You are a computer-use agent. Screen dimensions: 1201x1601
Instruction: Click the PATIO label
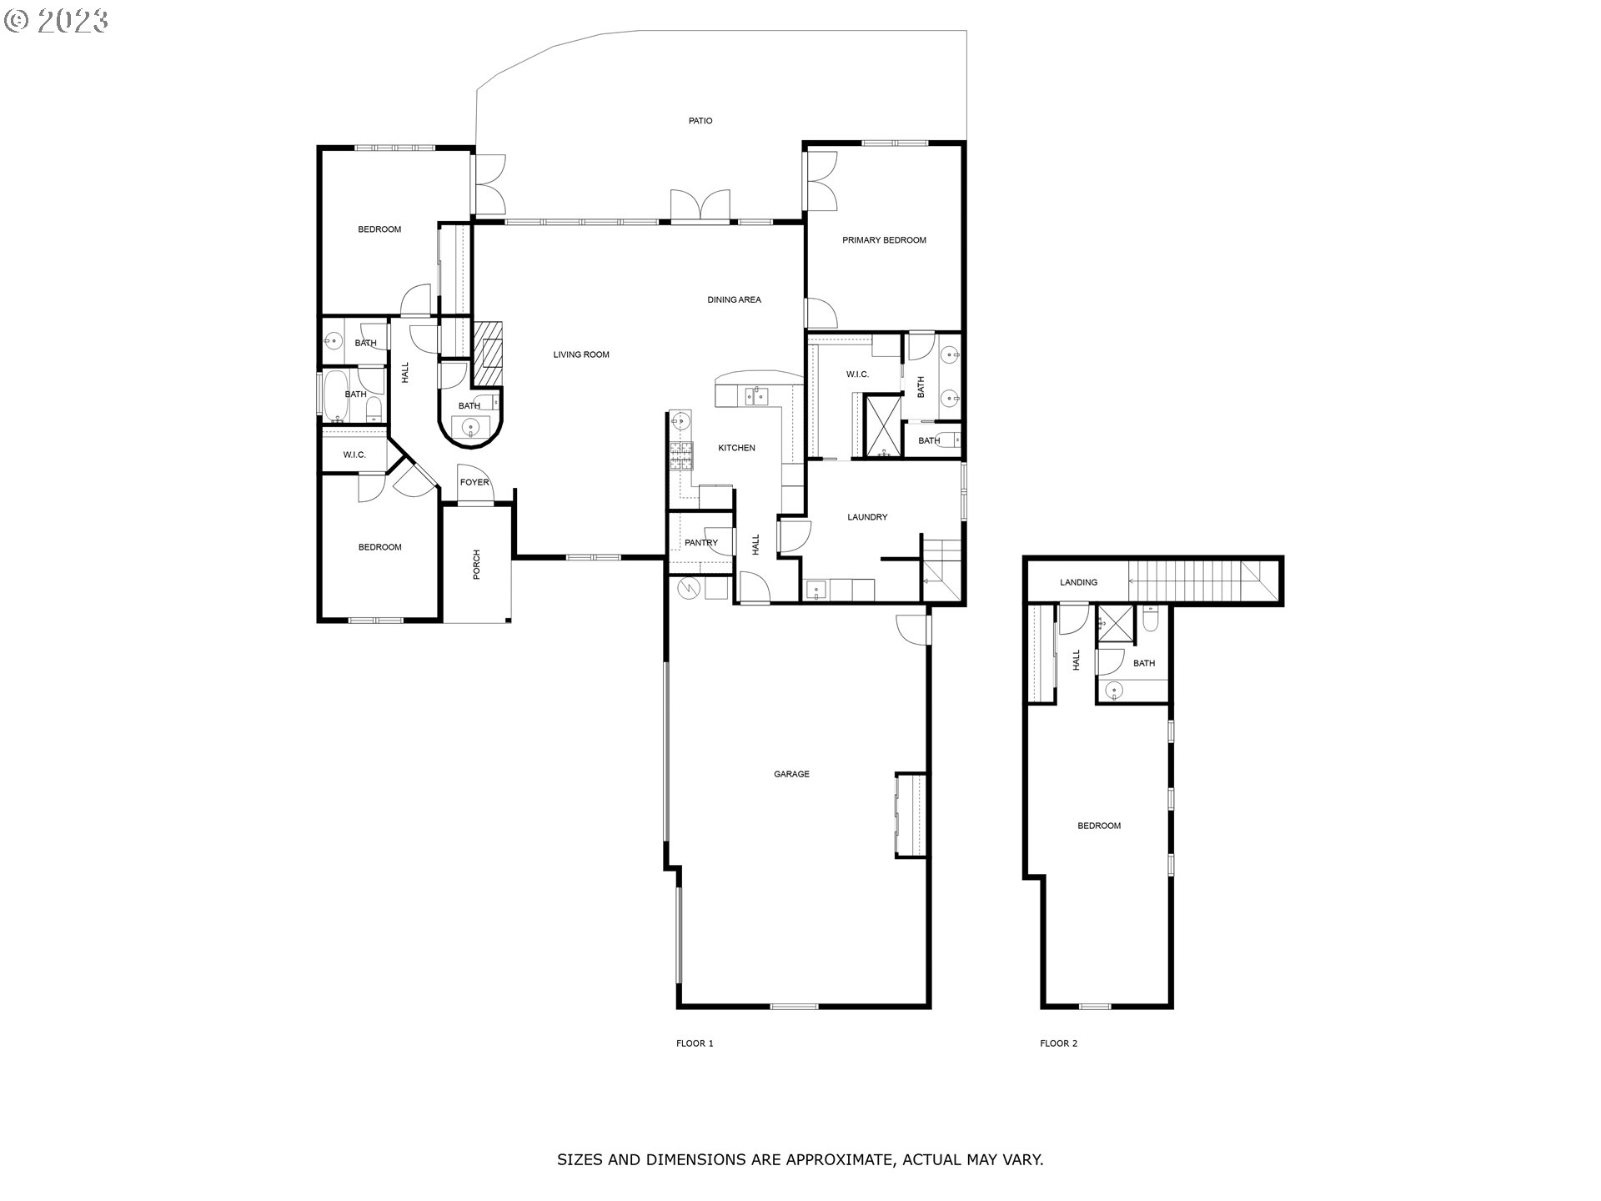pyautogui.click(x=700, y=121)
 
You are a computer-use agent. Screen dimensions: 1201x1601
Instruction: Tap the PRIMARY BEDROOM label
pyautogui.click(x=884, y=240)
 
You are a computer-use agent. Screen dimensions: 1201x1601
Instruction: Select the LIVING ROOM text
pyautogui.click(x=581, y=354)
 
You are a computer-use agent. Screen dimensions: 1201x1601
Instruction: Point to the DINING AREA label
pyautogui.click(x=734, y=299)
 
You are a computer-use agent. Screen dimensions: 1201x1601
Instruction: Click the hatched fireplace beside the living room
pyautogui.click(x=489, y=354)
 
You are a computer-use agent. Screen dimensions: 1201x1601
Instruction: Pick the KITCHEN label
pyautogui.click(x=736, y=448)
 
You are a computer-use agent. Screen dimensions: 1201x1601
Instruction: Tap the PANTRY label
pyautogui.click(x=700, y=543)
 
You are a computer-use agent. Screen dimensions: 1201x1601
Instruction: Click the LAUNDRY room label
pyautogui.click(x=867, y=517)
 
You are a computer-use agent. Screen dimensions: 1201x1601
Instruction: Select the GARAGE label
pyautogui.click(x=791, y=774)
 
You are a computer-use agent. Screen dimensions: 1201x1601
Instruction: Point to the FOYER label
pyautogui.click(x=474, y=483)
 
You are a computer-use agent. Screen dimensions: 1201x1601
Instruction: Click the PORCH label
pyautogui.click(x=477, y=565)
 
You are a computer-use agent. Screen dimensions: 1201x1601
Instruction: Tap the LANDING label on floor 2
pyautogui.click(x=1078, y=582)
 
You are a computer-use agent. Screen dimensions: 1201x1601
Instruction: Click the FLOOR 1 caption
pyautogui.click(x=695, y=1043)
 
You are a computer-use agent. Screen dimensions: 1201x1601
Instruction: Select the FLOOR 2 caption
pyautogui.click(x=1058, y=1043)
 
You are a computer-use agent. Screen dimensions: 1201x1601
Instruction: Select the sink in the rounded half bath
pyautogui.click(x=471, y=428)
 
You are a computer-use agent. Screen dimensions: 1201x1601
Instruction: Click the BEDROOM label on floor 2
pyautogui.click(x=1099, y=826)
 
